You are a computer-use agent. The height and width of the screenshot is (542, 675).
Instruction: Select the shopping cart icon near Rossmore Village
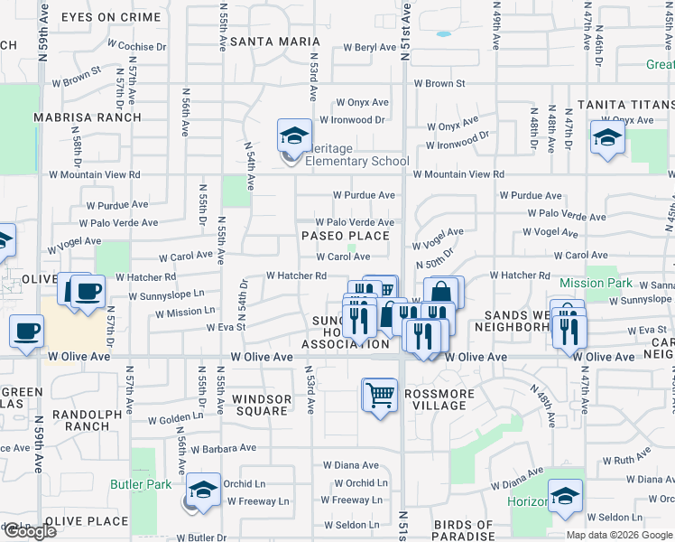tap(380, 395)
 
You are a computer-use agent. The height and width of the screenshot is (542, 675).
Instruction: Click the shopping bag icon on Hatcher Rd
tap(442, 293)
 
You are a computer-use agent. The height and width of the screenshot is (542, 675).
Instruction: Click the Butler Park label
tap(140, 484)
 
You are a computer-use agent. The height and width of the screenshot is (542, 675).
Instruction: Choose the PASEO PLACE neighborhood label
tap(346, 236)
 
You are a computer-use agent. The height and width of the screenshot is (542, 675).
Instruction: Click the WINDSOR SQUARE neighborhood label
tap(261, 405)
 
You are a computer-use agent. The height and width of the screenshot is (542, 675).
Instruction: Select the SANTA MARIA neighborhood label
tap(275, 42)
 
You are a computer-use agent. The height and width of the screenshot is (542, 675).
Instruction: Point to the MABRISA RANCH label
tap(88, 117)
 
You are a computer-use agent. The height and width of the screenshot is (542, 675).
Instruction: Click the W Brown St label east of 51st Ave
tap(439, 83)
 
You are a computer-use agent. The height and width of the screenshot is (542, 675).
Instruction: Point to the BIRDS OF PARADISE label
tap(462, 530)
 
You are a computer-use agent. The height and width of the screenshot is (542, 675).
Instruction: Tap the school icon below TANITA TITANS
tap(607, 139)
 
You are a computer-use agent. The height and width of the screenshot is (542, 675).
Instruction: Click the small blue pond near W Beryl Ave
tap(443, 35)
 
